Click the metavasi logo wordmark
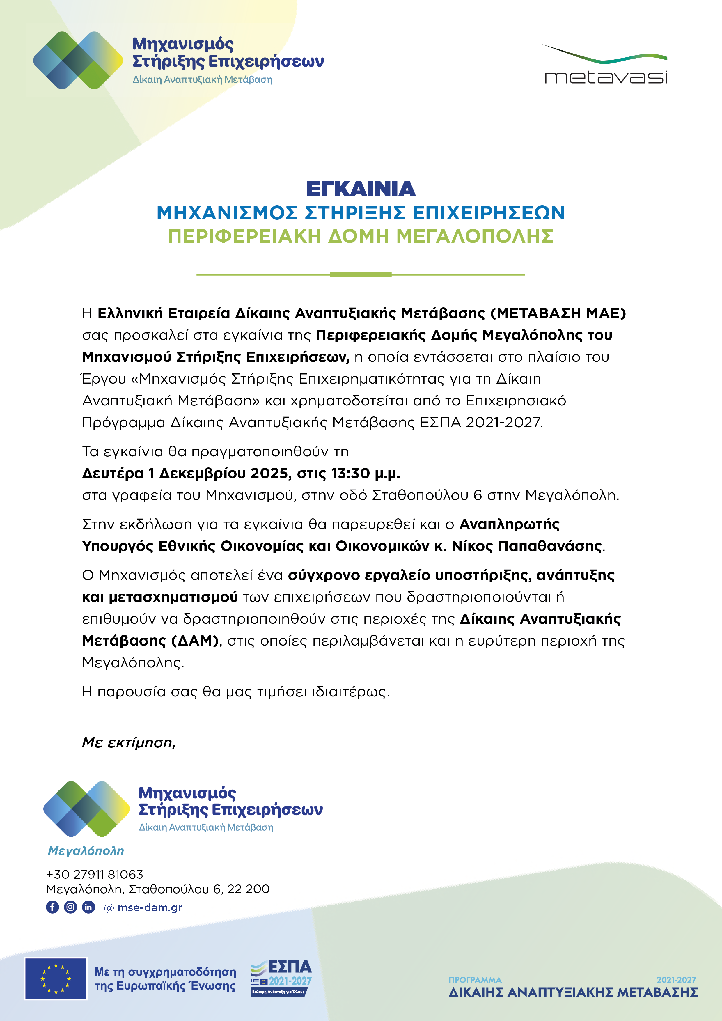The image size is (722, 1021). tap(606, 77)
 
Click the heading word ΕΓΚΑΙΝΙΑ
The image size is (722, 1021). tap(361, 189)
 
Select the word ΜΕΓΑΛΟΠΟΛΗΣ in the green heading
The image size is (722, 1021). tap(475, 236)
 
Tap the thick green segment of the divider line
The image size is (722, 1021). tap(361, 275)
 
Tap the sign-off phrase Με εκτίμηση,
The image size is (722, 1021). tap(129, 743)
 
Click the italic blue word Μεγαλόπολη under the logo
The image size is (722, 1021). tap(86, 851)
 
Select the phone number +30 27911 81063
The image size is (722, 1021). tap(95, 874)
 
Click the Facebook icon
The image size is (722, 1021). tap(52, 907)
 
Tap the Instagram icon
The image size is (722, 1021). tap(70, 907)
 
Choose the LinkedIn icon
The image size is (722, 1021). tap(88, 907)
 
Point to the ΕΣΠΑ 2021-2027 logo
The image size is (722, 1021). tap(281, 978)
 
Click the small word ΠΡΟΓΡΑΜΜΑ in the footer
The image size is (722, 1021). tap(475, 980)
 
